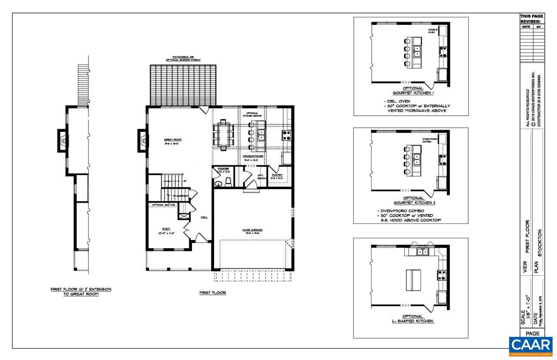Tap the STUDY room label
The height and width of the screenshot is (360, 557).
tap(166, 229)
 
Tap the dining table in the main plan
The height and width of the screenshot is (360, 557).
tap(224, 135)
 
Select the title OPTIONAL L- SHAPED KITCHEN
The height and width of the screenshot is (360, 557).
tap(411, 319)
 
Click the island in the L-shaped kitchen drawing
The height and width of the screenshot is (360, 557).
tap(411, 280)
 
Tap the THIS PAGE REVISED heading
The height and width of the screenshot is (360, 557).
tap(531, 19)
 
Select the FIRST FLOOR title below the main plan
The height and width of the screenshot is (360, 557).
tap(213, 293)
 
